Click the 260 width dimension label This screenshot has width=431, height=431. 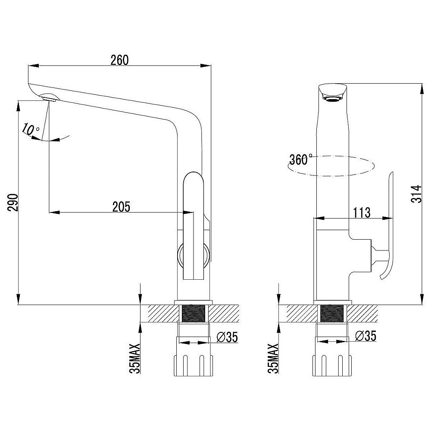coord(119,60)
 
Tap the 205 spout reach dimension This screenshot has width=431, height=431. coord(121,207)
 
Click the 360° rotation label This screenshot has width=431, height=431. coord(301,159)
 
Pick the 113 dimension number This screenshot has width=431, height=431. coord(362,212)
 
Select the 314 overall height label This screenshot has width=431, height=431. coord(416,194)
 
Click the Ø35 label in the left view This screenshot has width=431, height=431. coord(227,337)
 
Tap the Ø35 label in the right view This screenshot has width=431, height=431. coord(365,336)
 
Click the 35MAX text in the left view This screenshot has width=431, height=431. coord(135,359)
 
